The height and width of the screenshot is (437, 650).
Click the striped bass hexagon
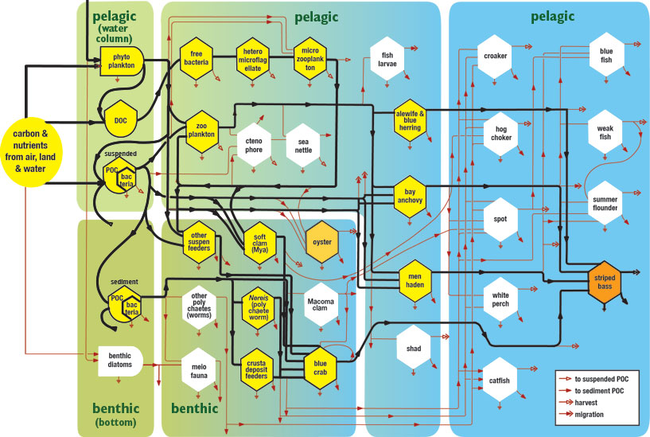604,282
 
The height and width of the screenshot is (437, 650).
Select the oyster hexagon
322,242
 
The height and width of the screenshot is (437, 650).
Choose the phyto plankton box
121,60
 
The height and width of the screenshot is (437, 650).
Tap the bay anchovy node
411,196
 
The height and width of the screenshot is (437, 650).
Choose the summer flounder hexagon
605,202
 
